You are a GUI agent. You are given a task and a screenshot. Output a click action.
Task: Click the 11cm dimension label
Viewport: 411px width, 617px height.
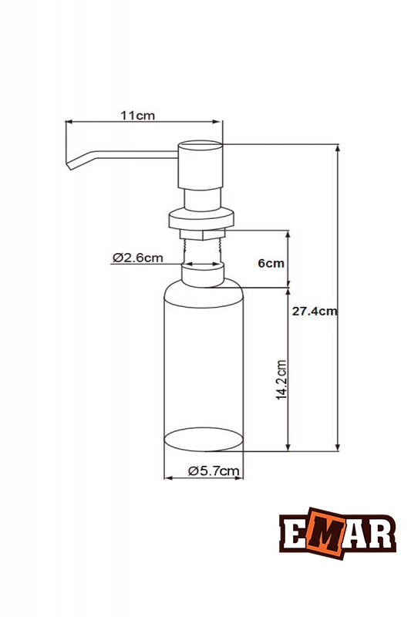point(138,116)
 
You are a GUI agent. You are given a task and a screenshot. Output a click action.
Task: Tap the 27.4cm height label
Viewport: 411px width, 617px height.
point(315,312)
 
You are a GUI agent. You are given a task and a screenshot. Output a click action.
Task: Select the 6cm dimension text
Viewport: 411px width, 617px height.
point(271,263)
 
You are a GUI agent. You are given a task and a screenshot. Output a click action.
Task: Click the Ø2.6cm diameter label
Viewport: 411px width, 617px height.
point(137,258)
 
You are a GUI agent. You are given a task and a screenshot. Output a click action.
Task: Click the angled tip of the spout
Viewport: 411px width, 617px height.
point(71,163)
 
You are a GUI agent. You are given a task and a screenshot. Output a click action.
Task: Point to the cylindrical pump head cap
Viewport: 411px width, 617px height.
point(200,166)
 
